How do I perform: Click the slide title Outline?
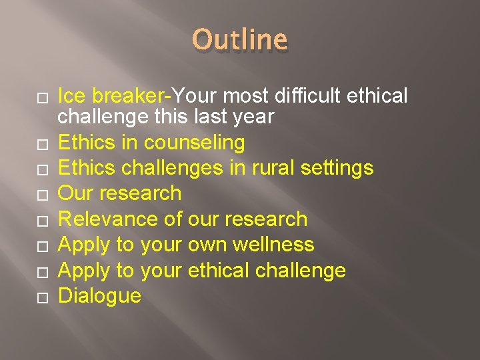click(241, 40)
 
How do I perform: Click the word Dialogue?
click(100, 295)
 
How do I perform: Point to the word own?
click(208, 244)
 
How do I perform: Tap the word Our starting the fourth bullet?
click(75, 193)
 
